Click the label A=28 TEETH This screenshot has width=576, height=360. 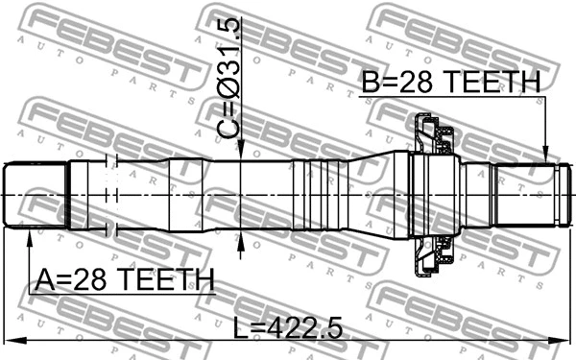coord(125,279)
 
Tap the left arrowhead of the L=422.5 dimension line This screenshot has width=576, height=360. coord(8,339)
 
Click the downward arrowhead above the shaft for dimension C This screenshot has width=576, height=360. coord(240,155)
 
